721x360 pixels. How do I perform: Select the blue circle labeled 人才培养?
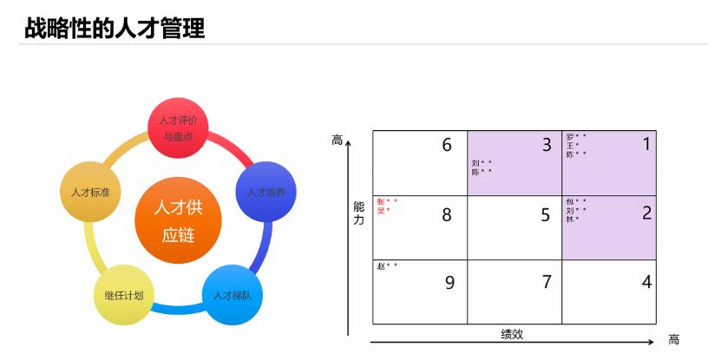(266, 192)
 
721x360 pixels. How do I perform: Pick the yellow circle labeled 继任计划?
(123, 295)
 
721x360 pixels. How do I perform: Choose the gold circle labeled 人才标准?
(90, 192)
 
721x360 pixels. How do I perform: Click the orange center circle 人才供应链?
(179, 221)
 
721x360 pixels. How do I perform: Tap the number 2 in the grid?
(646, 213)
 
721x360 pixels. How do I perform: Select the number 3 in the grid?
(547, 145)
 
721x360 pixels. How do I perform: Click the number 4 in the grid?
(646, 282)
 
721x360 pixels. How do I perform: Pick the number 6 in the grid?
(447, 145)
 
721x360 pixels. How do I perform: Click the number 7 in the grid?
(547, 282)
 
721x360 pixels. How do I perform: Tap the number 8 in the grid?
(447, 215)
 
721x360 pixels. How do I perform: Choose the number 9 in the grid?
(449, 282)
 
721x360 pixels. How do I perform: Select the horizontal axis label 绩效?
(512, 334)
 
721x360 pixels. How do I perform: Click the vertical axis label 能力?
(359, 213)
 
